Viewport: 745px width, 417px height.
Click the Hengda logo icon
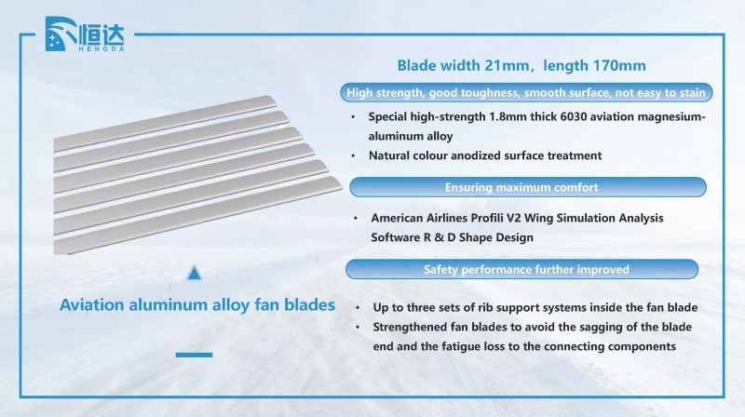coord(61,34)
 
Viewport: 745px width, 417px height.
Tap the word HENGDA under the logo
coord(101,48)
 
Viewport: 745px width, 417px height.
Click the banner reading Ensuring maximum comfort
coord(528,187)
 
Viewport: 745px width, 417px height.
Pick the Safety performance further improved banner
coord(521,269)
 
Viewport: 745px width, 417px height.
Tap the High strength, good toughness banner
coord(526,92)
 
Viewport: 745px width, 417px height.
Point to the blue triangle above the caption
coord(194,273)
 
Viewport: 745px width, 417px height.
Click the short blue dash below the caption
coord(194,355)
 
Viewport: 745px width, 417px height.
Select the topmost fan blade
coord(165,123)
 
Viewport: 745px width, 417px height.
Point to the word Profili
coord(486,218)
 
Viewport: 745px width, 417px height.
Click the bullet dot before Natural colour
coord(353,155)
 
